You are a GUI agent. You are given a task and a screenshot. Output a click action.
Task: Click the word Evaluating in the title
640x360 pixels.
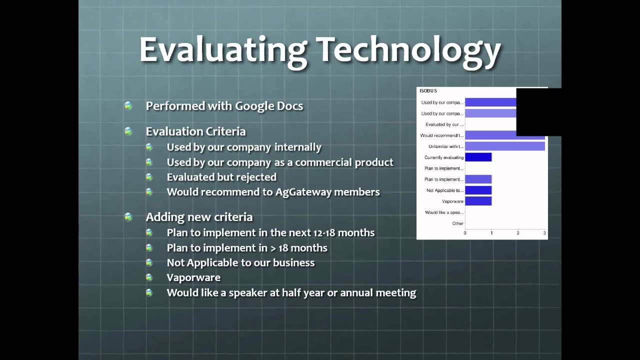pos(222,50)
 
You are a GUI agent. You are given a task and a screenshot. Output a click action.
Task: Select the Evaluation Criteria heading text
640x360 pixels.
pos(195,131)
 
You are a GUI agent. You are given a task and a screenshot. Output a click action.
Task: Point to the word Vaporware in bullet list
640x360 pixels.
pos(193,277)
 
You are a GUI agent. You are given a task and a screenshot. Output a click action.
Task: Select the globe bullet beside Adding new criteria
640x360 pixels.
pos(128,217)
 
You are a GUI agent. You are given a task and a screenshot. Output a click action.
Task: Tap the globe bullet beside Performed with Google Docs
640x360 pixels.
pos(128,106)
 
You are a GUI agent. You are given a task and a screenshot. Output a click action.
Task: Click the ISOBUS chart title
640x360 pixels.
pos(428,91)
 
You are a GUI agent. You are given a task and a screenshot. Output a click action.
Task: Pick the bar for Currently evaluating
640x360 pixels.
pos(478,157)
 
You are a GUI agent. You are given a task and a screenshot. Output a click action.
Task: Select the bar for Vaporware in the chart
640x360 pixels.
pos(478,201)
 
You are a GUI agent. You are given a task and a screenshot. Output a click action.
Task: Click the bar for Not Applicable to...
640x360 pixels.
pos(478,190)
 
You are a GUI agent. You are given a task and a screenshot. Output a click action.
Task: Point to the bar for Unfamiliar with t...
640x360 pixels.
pos(504,146)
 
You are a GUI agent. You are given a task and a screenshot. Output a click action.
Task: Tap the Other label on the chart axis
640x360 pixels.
pos(457,223)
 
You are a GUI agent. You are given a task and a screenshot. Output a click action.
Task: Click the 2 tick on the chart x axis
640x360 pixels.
pos(518,233)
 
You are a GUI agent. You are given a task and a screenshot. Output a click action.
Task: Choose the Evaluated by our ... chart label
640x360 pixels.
pos(444,124)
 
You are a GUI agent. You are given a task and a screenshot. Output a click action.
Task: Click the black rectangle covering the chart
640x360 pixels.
pos(538,112)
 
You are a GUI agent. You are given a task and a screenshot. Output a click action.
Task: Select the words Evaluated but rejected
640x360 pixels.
pos(221,177)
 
